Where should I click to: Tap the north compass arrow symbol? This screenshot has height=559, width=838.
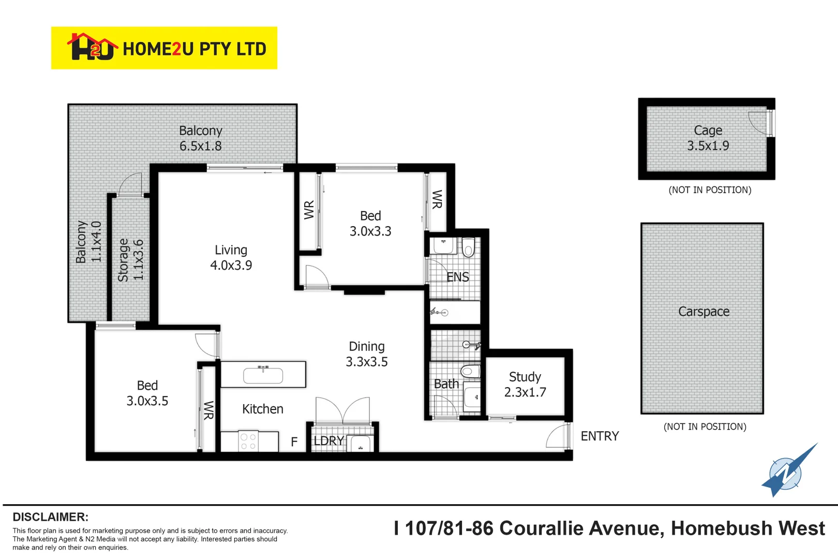point(787,472)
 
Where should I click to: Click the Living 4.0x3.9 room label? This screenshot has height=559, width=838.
point(231,258)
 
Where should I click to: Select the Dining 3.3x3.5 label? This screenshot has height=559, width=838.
point(367,354)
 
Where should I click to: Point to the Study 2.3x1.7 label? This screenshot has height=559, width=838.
point(525,385)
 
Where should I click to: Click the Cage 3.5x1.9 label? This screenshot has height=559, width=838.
point(708,138)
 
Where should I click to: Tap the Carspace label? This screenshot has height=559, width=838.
point(704,312)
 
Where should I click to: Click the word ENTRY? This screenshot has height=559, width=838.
point(600,436)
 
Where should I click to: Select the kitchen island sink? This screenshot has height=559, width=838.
point(263,375)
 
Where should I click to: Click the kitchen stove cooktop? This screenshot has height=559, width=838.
point(248,442)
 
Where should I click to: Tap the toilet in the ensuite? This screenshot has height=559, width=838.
point(468,247)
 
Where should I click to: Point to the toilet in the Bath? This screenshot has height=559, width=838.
point(470,371)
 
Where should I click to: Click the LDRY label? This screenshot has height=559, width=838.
point(328,441)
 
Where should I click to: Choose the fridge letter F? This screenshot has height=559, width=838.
point(294,442)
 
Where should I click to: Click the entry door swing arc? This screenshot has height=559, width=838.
point(556,436)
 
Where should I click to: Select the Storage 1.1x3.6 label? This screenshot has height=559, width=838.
point(130,260)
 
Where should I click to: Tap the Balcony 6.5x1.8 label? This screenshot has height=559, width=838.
point(201,138)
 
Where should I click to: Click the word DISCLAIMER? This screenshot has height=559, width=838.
point(50,517)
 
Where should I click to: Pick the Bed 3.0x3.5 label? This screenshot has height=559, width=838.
point(147,393)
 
